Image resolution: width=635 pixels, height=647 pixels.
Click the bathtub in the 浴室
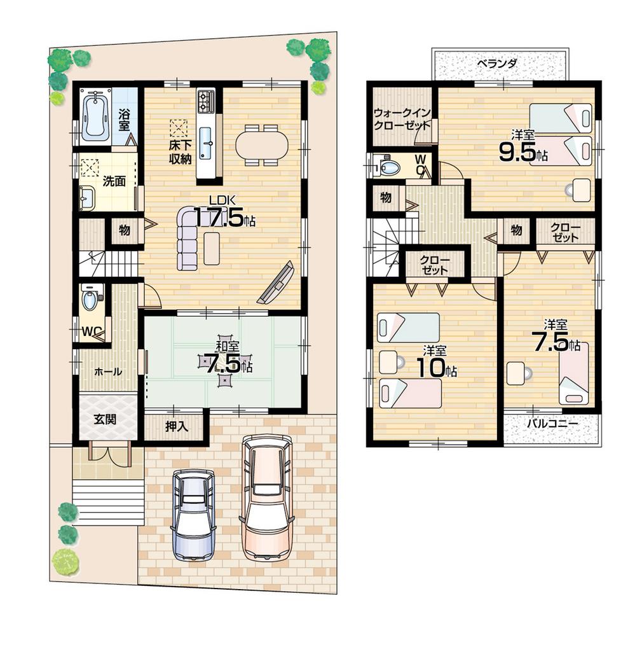click(x=96, y=115)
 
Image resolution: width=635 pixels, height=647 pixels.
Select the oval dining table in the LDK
click(x=261, y=144)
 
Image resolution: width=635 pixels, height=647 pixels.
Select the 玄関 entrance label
click(x=105, y=420)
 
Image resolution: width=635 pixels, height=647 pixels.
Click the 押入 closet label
click(x=175, y=427)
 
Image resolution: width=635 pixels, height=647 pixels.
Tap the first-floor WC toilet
click(x=90, y=300)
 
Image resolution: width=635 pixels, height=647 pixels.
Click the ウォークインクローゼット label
click(x=402, y=119)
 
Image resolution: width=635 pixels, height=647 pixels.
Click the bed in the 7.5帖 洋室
click(x=574, y=373)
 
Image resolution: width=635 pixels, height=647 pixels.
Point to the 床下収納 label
click(x=179, y=152)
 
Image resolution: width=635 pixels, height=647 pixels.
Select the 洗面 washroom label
click(x=114, y=181)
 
